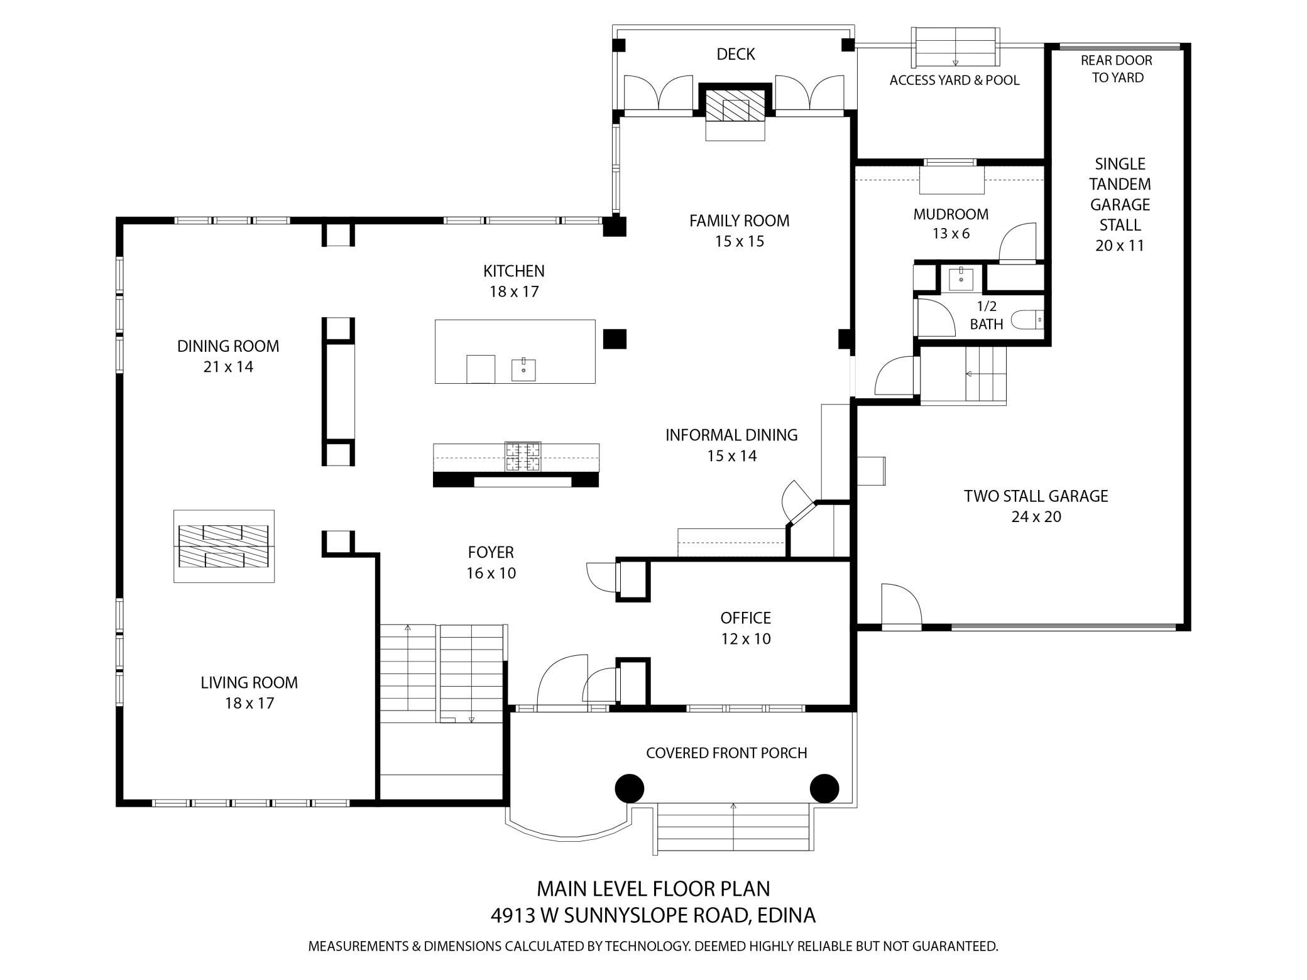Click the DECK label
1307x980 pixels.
(x=735, y=55)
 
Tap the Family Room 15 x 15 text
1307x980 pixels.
(x=739, y=231)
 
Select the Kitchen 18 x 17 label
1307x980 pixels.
(x=514, y=281)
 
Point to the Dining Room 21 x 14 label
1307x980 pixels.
(x=228, y=356)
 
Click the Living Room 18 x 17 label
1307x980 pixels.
(x=249, y=692)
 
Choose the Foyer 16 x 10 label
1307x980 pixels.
(x=491, y=562)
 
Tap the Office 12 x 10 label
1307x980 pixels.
(x=746, y=628)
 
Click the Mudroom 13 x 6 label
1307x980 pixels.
(x=951, y=224)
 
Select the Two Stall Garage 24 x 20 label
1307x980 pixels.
(x=1036, y=506)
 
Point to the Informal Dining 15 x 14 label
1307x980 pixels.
(x=731, y=445)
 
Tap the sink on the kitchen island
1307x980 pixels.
(x=523, y=369)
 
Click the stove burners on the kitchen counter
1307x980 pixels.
(x=523, y=457)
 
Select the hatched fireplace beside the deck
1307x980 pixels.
(x=735, y=105)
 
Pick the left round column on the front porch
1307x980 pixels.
(x=629, y=788)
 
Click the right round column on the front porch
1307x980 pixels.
(x=824, y=788)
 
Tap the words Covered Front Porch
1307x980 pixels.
(x=726, y=753)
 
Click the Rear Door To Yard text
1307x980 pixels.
(x=1117, y=69)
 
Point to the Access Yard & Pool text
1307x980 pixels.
(x=954, y=80)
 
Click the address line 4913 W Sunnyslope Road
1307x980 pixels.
(x=653, y=915)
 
